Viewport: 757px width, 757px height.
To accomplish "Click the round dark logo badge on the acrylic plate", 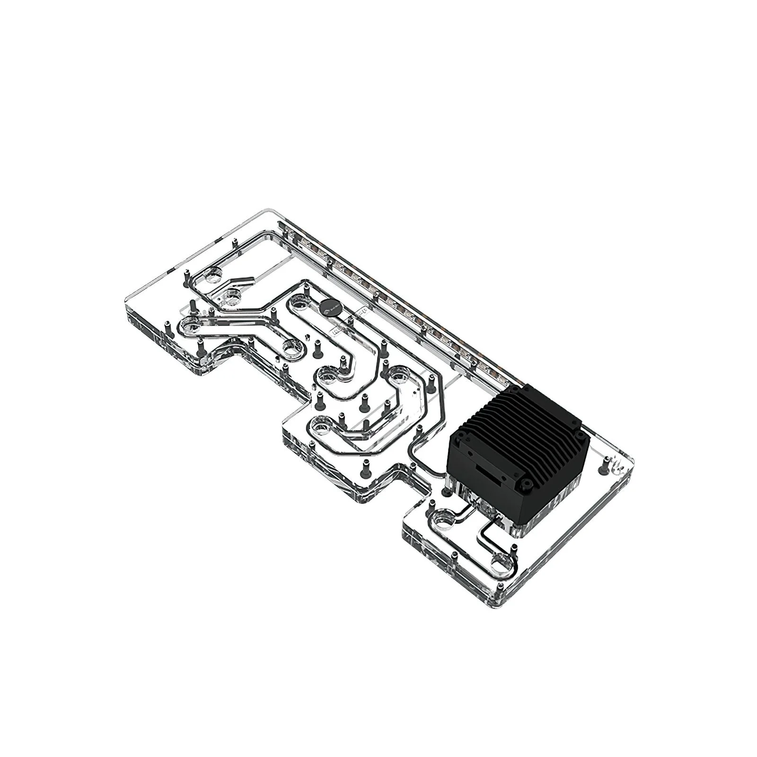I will click(326, 308).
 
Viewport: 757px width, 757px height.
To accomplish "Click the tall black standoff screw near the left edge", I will click(193, 306).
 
